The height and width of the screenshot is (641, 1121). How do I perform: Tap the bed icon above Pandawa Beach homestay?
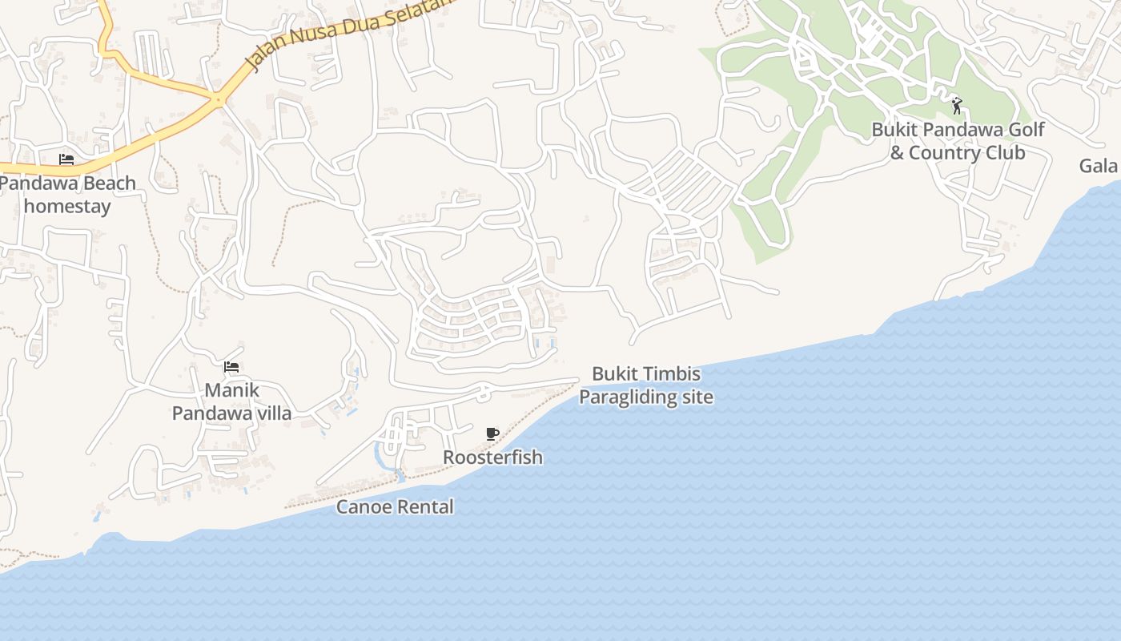point(66,159)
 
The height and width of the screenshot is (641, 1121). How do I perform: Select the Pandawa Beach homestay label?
point(67,194)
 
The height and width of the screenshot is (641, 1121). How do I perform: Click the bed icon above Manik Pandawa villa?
point(231,367)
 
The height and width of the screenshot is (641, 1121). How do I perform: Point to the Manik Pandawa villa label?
point(231,402)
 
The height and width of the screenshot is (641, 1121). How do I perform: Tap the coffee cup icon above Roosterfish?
point(492,433)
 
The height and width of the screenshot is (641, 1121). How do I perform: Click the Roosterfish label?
point(492,458)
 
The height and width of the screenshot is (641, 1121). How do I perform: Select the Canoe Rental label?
point(395,506)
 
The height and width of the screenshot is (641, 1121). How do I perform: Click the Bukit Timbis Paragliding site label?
point(646,385)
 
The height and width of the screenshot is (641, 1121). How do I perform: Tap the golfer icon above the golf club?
point(957,105)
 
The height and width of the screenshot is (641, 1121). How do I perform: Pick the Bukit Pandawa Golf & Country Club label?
point(958,141)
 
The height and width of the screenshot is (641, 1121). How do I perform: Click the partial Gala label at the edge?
point(1099,166)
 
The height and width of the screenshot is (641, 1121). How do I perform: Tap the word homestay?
point(67,206)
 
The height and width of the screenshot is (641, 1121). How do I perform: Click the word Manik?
point(231,390)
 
